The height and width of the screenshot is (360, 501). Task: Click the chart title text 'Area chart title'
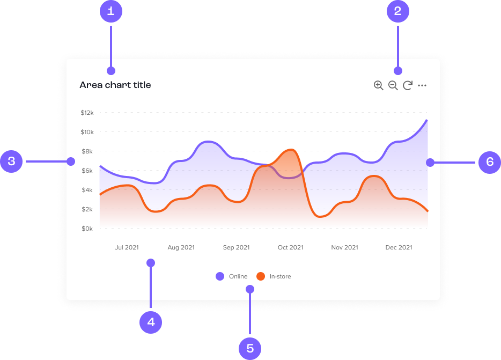115,85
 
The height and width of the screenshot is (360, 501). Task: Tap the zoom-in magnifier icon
378,85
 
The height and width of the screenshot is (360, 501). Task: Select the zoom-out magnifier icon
393,85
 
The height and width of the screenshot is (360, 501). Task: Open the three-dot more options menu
422,85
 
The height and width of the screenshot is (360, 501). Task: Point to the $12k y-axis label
87,113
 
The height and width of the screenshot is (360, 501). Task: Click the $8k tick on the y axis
87,151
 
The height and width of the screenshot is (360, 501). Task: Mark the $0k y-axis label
87,229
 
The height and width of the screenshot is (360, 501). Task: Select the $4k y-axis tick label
87,190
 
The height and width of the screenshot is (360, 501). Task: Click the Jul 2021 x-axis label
127,247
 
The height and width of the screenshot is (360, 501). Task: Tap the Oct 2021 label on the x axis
290,247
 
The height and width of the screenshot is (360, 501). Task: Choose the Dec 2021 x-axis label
399,247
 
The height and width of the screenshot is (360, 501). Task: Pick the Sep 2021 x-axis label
236,247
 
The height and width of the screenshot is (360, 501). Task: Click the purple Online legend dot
220,276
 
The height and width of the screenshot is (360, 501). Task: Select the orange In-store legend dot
261,276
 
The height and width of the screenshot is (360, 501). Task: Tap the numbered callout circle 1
111,11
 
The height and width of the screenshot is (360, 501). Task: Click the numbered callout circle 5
250,348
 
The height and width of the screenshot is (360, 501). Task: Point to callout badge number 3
11,161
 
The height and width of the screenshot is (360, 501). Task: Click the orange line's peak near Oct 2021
290,150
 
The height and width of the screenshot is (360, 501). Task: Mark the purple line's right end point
427,120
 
